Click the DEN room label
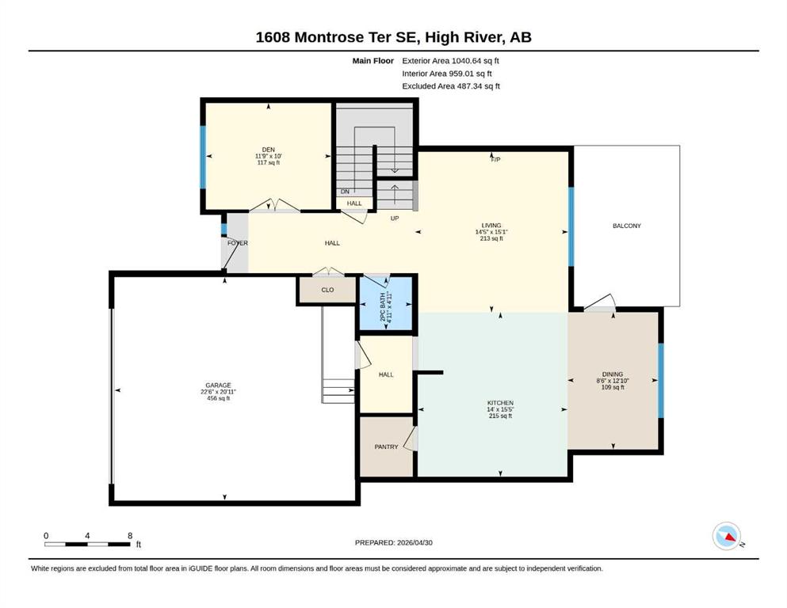268,150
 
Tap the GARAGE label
218,386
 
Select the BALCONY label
626,226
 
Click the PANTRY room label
386,446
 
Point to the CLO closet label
327,290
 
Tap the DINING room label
613,374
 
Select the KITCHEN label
500,402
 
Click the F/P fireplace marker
495,160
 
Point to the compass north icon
727,536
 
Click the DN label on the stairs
345,192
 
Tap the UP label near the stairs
395,218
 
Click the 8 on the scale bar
130,535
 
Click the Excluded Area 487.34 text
451,86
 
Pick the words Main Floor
373,61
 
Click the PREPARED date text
393,542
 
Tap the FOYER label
238,243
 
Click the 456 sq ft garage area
218,398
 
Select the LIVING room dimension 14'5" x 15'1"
491,232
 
